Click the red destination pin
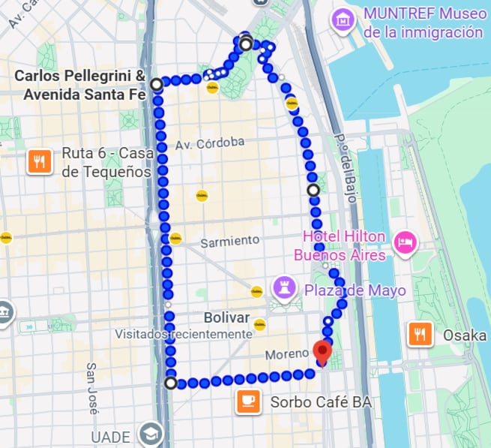click(322, 352)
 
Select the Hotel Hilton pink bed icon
click(406, 242)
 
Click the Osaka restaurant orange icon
click(420, 335)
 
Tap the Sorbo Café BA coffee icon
click(248, 402)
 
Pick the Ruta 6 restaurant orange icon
click(39, 161)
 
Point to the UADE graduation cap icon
click(151, 435)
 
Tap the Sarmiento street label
click(230, 241)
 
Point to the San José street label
click(92, 389)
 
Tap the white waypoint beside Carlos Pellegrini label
click(156, 85)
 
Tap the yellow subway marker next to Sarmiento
click(175, 239)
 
